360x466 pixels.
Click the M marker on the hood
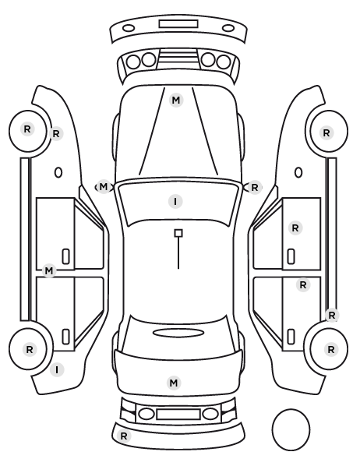(x=176, y=101)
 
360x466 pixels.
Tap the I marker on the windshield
(x=175, y=202)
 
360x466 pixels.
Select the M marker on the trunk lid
(x=174, y=383)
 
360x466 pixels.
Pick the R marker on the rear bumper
(x=124, y=436)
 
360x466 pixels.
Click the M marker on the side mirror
(x=103, y=187)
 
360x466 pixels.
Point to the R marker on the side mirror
(x=255, y=188)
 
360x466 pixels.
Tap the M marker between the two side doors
(x=49, y=270)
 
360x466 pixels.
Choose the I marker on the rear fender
(x=57, y=370)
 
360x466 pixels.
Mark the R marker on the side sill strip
(x=332, y=315)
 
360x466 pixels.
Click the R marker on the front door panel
(x=295, y=228)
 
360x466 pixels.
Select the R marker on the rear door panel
(x=303, y=285)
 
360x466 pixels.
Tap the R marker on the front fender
(x=56, y=134)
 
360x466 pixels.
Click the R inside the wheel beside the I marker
(x=29, y=349)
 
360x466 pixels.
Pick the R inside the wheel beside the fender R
(x=27, y=129)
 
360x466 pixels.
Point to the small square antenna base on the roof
(x=178, y=233)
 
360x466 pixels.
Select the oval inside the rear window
(x=178, y=333)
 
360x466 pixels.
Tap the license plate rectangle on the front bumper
(x=178, y=24)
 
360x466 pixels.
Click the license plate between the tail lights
(x=178, y=415)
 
